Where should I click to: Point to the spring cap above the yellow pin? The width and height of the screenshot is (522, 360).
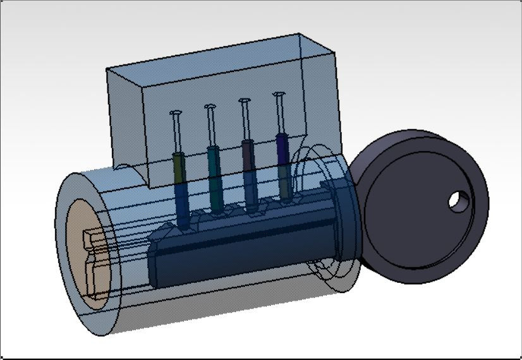(176, 114)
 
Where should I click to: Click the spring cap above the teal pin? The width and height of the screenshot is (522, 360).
(210, 107)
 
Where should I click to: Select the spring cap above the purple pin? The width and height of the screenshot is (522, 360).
(279, 95)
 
